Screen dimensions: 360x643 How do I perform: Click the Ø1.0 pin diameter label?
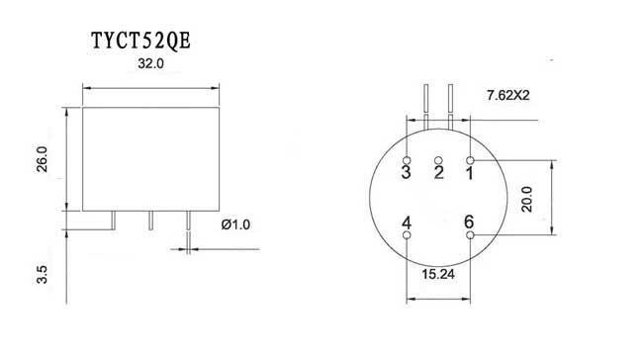235,225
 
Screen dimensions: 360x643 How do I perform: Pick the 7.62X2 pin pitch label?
512,96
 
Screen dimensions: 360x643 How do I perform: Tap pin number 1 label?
470,174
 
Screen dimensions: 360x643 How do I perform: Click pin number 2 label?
438,174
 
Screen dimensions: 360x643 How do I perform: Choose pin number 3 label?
407,174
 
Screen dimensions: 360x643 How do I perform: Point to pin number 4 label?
408,223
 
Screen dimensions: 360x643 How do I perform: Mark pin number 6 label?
469,223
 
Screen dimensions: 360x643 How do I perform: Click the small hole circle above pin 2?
438,159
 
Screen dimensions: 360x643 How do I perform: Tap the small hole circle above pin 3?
408,158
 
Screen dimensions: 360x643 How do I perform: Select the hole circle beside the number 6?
470,236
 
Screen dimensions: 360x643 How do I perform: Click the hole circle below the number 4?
408,236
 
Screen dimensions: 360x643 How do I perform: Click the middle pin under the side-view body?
150,221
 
